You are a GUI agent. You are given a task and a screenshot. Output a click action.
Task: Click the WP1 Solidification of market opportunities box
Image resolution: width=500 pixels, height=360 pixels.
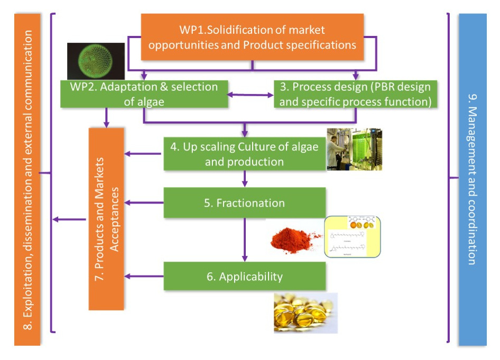(x=252, y=37)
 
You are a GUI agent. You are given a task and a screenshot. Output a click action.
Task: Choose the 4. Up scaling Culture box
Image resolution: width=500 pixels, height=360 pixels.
(x=244, y=154)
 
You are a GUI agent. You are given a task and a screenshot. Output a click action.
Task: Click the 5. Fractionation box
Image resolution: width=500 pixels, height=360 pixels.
(x=244, y=202)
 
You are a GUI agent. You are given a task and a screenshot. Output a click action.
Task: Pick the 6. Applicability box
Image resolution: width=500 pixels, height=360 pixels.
(x=244, y=275)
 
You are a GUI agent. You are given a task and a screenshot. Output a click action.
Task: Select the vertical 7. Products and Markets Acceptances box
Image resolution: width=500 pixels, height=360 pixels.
(x=106, y=218)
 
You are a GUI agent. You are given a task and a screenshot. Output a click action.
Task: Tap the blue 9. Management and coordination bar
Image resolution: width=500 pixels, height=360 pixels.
(x=473, y=180)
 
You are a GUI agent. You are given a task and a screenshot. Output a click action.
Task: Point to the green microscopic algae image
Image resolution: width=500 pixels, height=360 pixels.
(x=96, y=61)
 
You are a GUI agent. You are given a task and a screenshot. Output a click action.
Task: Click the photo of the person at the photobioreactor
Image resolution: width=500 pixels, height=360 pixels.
(x=354, y=149)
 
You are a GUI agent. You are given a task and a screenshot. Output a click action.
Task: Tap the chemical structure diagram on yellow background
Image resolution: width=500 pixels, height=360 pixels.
(x=351, y=237)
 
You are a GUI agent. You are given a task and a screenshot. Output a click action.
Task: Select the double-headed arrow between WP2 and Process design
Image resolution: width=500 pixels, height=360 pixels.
(x=251, y=95)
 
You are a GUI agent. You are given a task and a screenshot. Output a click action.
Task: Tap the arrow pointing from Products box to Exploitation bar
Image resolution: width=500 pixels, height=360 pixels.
(x=69, y=219)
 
